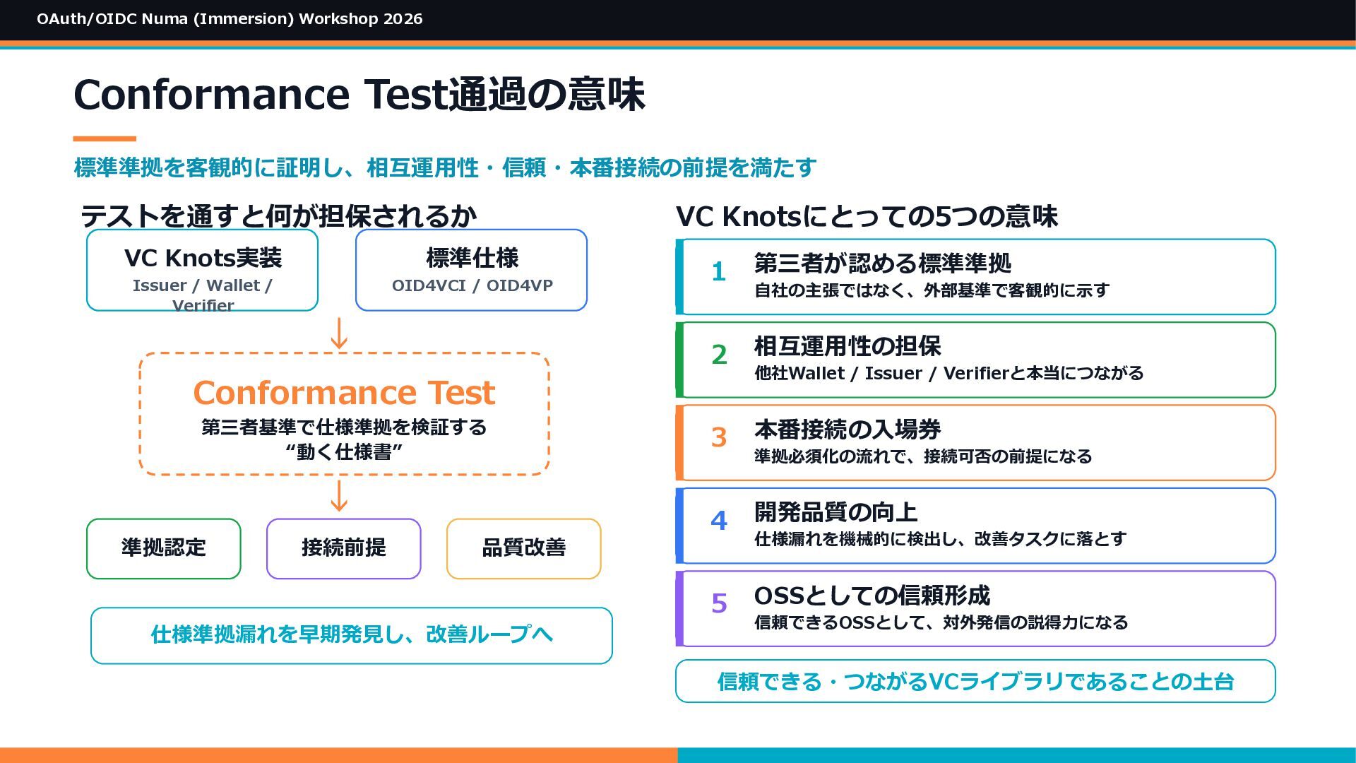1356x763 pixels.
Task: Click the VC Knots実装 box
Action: (202, 270)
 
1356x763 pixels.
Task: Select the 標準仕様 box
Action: (471, 270)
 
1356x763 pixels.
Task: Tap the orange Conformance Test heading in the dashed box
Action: (344, 393)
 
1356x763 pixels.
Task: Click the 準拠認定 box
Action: (163, 549)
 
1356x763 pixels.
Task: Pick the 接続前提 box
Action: (343, 549)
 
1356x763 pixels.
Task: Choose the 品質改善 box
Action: (523, 549)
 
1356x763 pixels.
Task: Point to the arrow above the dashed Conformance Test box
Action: (340, 333)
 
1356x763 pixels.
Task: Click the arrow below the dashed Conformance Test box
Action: (340, 496)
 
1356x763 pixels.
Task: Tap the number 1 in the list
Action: (719, 272)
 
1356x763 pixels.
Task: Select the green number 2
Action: (719, 355)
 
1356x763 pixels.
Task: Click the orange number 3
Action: (719, 437)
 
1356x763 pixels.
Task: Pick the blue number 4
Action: (719, 521)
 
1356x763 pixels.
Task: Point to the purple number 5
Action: (719, 603)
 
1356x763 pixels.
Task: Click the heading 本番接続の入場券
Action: (847, 430)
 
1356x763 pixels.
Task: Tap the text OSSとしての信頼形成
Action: (872, 596)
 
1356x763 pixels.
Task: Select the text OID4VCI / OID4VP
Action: (472, 285)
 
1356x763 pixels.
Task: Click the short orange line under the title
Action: (105, 139)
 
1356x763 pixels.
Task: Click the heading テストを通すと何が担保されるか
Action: (278, 216)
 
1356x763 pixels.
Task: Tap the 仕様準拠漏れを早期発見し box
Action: (352, 636)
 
